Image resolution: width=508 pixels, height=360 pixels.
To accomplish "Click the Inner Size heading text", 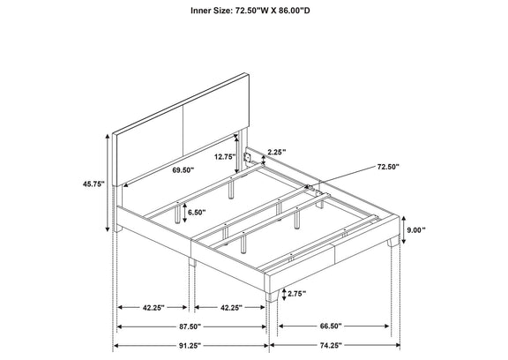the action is point(250,11).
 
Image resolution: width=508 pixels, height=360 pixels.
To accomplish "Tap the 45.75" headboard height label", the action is point(93,184).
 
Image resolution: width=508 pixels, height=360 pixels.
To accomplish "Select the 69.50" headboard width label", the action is point(183,169).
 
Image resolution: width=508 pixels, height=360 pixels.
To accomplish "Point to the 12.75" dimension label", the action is point(225,157).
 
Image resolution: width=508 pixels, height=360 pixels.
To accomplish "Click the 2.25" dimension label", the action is point(277,151).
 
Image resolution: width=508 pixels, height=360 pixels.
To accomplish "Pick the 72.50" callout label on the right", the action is point(388,167).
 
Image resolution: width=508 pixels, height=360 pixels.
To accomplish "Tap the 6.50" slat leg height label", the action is point(197,213).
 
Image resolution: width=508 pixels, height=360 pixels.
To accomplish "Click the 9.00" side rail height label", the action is point(416,230).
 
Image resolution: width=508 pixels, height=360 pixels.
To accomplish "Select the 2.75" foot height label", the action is point(296,294).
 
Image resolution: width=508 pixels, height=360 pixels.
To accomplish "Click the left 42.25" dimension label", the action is point(153,308).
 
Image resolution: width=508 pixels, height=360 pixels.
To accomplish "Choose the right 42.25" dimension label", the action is point(231,308).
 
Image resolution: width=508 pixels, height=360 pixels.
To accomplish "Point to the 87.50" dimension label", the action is point(190,326).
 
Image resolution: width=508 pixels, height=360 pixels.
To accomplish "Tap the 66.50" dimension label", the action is point(331,326).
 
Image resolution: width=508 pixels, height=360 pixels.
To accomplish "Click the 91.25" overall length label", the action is point(190,346).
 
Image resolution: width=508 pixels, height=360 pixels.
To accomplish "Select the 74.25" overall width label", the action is point(331,346).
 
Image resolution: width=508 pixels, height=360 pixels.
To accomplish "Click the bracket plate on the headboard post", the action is point(248,157).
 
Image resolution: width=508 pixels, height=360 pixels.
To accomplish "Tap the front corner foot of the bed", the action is point(273,296).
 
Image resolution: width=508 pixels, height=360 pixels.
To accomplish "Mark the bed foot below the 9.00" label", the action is point(393,242).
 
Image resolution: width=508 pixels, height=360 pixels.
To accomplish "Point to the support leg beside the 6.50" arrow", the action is point(177,213).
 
